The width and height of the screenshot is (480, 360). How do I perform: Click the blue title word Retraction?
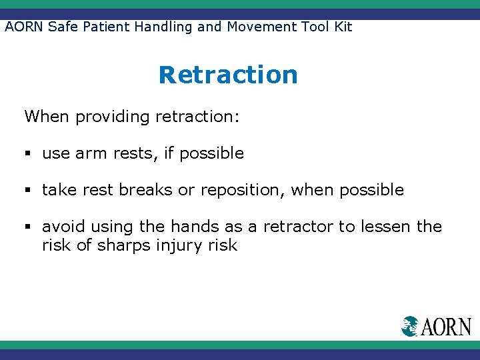pyautogui.click(x=228, y=75)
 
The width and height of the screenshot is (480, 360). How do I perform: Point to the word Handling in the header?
pyautogui.click(x=167, y=27)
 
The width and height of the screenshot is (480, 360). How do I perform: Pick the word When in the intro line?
pyautogui.click(x=47, y=117)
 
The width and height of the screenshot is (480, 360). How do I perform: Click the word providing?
pyautogui.click(x=113, y=117)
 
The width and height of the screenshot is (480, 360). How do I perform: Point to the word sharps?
pyautogui.click(x=124, y=246)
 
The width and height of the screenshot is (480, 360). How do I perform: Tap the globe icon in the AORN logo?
pyautogui.click(x=410, y=326)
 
